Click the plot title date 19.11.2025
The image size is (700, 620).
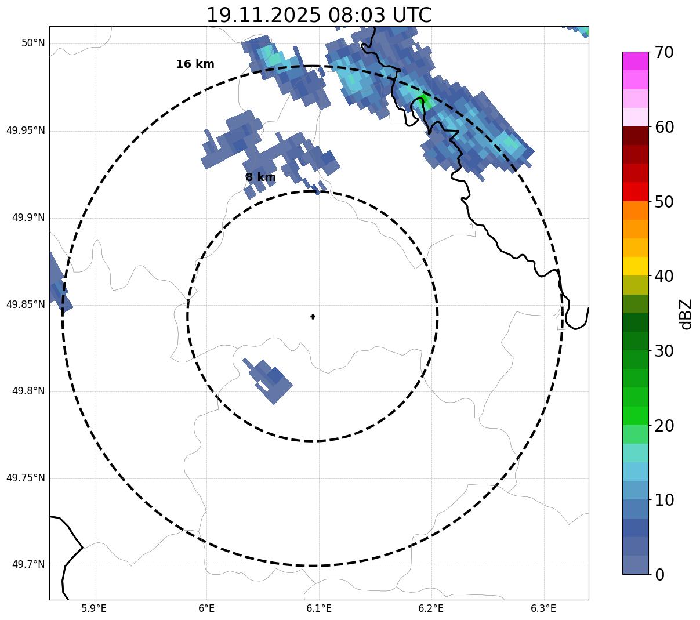(263, 15)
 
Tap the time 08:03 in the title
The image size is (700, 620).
(351, 15)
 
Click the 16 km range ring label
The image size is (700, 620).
(195, 64)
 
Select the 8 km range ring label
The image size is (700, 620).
(260, 177)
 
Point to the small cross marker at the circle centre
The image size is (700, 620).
(313, 317)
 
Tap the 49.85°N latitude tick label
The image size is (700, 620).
(26, 304)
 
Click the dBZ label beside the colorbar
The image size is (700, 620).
(687, 314)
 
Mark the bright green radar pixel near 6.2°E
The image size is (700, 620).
(423, 100)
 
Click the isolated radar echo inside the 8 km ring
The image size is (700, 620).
(270, 380)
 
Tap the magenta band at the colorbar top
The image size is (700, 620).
(635, 61)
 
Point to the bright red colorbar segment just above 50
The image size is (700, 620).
(635, 192)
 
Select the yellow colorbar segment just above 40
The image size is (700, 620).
(635, 266)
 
